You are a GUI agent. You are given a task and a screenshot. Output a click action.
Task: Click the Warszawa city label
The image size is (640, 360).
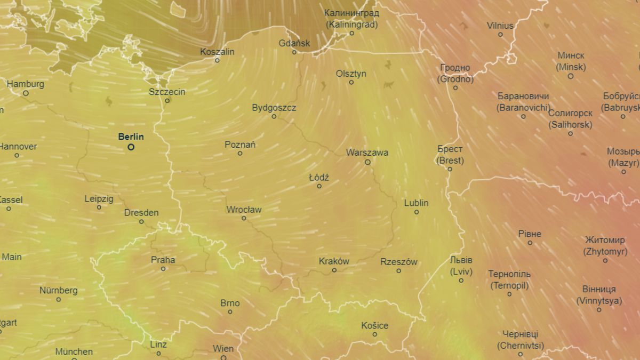(x=367, y=153)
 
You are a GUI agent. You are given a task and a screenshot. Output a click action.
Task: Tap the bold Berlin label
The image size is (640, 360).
(x=131, y=137)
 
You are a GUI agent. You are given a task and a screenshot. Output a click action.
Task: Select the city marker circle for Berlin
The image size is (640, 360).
(x=131, y=147)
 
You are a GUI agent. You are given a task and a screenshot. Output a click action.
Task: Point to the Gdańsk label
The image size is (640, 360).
(x=294, y=43)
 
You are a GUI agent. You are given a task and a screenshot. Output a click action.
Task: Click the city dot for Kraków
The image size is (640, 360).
(x=334, y=270)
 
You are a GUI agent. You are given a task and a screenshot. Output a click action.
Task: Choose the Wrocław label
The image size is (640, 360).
(x=244, y=210)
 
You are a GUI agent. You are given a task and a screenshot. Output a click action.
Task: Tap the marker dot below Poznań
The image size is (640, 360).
(x=240, y=154)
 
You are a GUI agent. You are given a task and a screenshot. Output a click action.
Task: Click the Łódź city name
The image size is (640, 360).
(x=319, y=177)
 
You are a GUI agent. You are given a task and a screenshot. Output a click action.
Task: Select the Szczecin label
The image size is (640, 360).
(x=167, y=92)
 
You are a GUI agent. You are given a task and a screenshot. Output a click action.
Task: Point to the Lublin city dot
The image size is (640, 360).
(x=417, y=212)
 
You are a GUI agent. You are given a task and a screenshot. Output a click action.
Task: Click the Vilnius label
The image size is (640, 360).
(x=500, y=26)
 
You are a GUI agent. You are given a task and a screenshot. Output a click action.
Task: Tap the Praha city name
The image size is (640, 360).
(x=163, y=260)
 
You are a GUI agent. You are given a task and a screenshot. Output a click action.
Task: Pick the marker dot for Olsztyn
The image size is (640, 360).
(x=351, y=82)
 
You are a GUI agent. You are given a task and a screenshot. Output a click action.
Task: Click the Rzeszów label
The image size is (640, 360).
(x=398, y=262)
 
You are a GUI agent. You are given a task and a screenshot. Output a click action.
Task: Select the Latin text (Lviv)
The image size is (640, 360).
(x=461, y=271)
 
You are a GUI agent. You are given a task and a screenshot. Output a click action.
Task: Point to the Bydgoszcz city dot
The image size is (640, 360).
(x=274, y=116)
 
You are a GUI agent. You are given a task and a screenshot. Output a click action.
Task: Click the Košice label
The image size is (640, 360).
(x=374, y=325)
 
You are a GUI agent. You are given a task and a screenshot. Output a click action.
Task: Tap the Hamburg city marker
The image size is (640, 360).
(x=26, y=93)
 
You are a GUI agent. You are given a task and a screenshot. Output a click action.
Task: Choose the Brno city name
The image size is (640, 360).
(x=230, y=303)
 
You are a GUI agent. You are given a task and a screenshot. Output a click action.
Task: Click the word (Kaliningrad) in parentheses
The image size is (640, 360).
(x=351, y=25)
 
